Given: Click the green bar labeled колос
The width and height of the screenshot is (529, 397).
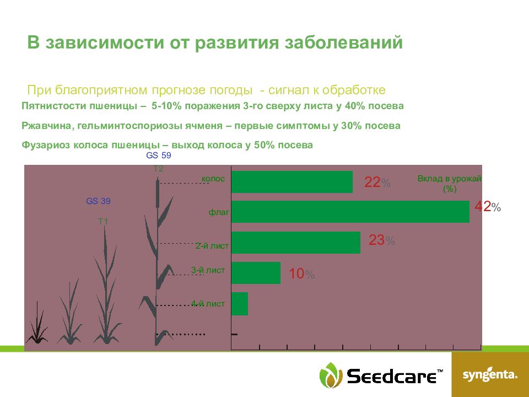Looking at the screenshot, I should tap(292, 182).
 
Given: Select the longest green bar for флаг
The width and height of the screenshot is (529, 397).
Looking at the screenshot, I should tap(350, 212).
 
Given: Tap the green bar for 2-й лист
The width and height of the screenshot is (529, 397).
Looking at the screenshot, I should tap(295, 243).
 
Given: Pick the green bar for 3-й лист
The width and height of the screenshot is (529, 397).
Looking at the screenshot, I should tap(256, 273).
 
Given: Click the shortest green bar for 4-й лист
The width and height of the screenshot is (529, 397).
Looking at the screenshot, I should tap(240, 304).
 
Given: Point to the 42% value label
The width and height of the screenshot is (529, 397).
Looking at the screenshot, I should tap(488, 207).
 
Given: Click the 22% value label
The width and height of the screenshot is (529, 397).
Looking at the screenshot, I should tap(377, 183).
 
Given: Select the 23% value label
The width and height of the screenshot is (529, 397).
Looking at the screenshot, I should tap(382, 240).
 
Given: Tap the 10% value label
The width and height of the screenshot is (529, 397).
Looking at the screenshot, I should tap(301, 274).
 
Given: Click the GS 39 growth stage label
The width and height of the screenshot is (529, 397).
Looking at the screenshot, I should tap(98, 201).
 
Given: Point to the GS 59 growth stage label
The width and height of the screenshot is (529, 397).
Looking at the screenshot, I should tap(159, 155).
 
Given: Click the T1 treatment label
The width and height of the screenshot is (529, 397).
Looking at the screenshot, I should tap(103, 222).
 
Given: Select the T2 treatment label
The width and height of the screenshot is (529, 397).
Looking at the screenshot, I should tap(158, 169).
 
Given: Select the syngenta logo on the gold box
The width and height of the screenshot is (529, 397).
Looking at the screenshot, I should tap(490, 375).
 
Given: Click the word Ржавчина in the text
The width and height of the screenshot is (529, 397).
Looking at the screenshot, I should tap(46, 126).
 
